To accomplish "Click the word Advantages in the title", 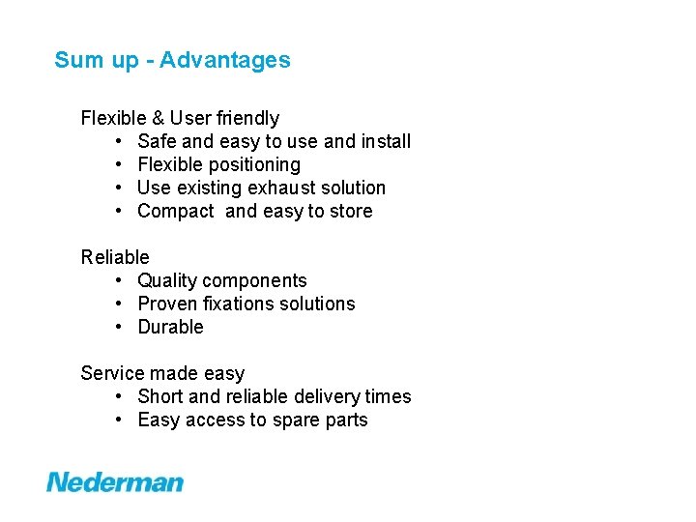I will pos(225,60).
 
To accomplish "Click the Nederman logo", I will pos(115,481).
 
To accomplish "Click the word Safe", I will pos(157,141).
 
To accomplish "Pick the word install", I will pos(386,141).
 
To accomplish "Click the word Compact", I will pos(176,211).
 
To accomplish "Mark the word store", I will pos(350,211).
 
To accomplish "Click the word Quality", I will pos(167,280).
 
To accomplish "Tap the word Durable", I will pos(171,327).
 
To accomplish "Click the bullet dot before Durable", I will pos(117,327).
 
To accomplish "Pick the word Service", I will pos(111,373).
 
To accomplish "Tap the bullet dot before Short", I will pos(117,396).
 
